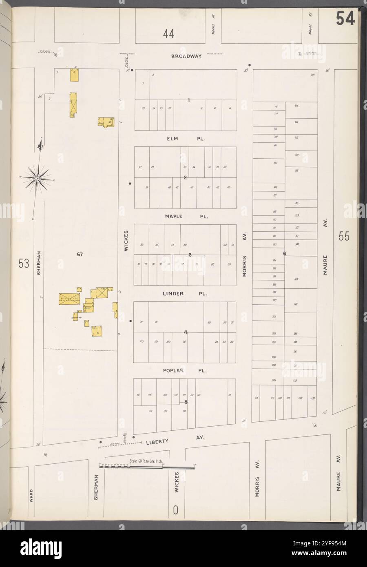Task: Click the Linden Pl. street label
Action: tap(186, 293)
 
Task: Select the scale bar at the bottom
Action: tap(147, 466)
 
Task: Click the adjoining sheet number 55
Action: tap(344, 236)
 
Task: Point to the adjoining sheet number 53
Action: tap(24, 264)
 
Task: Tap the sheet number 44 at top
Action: tap(168, 34)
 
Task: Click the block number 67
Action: tap(80, 255)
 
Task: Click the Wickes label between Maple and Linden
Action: tap(127, 241)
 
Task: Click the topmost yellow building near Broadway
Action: tap(74, 75)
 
